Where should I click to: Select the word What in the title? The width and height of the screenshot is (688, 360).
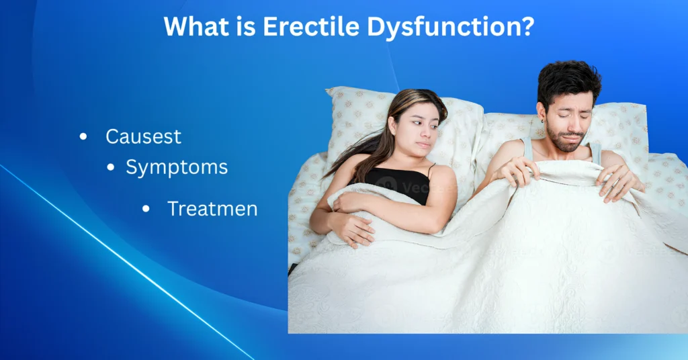pos(195,26)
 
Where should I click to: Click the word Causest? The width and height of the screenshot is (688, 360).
pos(143,136)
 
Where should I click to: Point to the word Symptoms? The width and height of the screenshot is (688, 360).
pos(177,167)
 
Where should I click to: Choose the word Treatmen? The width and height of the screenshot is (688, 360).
pos(212,209)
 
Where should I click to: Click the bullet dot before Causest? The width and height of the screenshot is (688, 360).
pos(83,137)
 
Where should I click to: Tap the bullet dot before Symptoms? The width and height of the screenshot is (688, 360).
pos(111,168)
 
